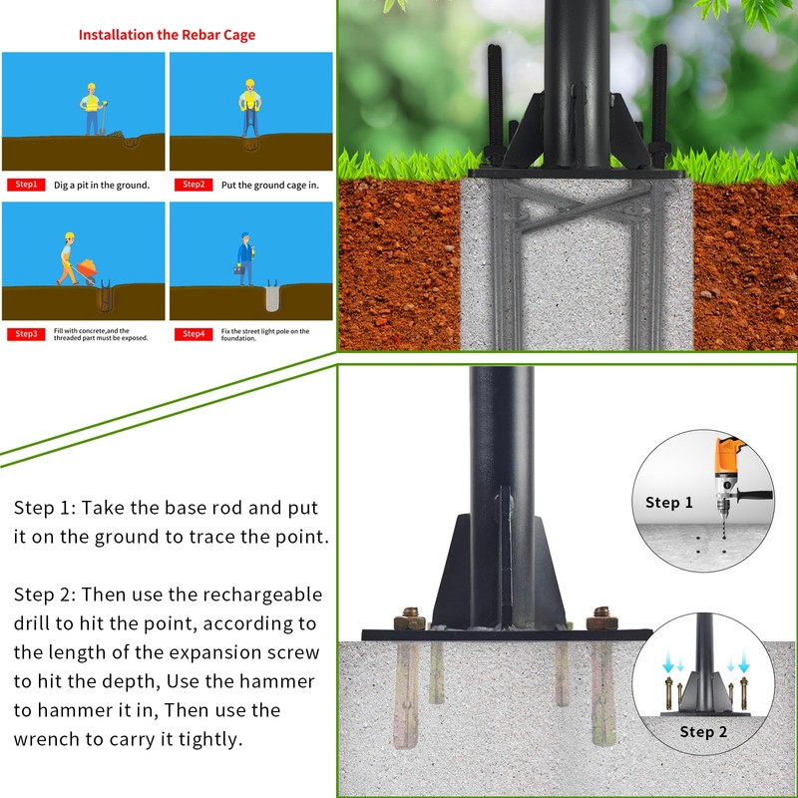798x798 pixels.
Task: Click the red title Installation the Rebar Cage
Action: pyautogui.click(x=167, y=35)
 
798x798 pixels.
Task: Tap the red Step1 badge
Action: pyautogui.click(x=26, y=185)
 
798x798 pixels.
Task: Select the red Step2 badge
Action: pyautogui.click(x=194, y=185)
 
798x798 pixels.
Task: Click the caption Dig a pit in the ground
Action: pyautogui.click(x=101, y=186)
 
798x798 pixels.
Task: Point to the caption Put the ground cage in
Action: pyautogui.click(x=269, y=186)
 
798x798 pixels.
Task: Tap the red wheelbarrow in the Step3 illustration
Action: pyautogui.click(x=88, y=268)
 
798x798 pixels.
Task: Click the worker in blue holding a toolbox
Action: pyautogui.click(x=244, y=260)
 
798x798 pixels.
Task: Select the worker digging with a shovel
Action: pyautogui.click(x=92, y=109)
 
